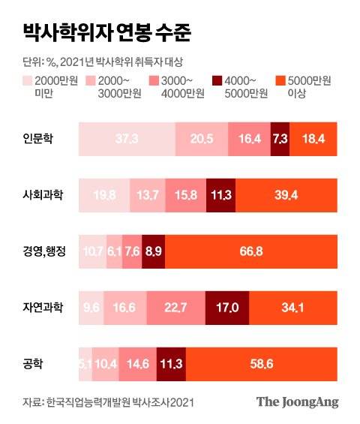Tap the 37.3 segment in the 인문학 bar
click(126, 140)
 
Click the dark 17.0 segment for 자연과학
click(226, 306)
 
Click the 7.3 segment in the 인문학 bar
click(279, 140)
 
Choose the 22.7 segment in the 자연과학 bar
click(175, 306)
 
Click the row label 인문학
click(37, 140)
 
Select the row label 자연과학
click(42, 306)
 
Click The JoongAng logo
click(298, 401)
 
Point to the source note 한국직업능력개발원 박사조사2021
click(120, 402)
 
